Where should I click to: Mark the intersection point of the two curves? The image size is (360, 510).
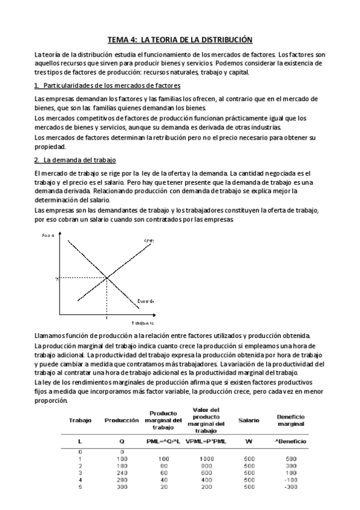point(107,277)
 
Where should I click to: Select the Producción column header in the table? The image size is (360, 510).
point(122,420)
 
